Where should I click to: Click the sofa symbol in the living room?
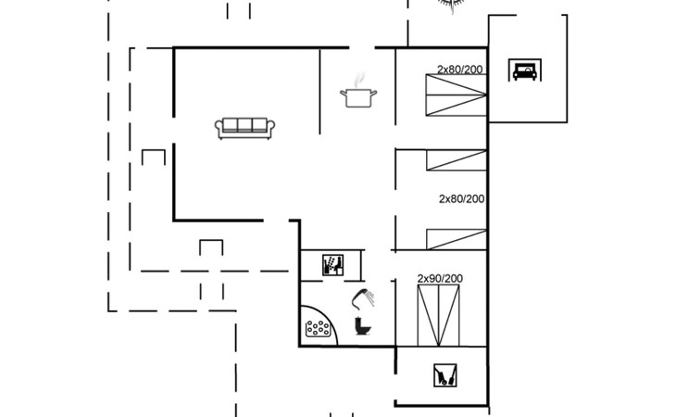coord(244,128)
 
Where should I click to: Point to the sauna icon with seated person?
coord(332,265)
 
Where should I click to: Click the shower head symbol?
coord(363,298)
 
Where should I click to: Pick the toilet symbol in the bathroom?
coord(362,326)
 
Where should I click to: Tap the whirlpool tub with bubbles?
coord(318,330)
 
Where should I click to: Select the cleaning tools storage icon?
coord(444,375)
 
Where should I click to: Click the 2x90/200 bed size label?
coord(440,279)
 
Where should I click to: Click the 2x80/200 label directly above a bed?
coord(459,69)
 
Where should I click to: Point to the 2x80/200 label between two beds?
coord(462,199)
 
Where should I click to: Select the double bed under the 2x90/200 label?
coord(438,315)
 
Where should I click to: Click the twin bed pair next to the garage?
coord(457,95)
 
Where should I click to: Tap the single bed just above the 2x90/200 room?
coord(457,239)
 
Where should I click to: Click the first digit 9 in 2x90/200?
coord(432,279)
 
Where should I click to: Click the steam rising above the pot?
coord(358,81)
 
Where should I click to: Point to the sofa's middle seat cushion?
coord(244,125)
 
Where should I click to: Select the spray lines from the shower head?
coord(369,298)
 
